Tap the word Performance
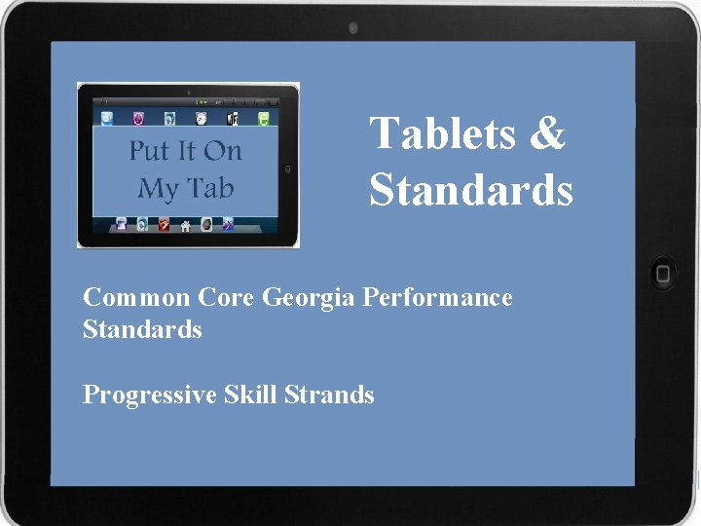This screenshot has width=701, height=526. pyautogui.click(x=437, y=297)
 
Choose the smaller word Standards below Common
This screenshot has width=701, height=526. pyautogui.click(x=142, y=329)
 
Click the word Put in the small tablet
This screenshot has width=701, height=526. pyautogui.click(x=149, y=152)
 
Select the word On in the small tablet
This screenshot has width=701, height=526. pyautogui.click(x=223, y=152)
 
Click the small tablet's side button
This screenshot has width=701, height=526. pyautogui.click(x=288, y=168)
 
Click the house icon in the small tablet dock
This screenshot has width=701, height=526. pyautogui.click(x=184, y=224)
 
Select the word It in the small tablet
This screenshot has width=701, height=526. pyautogui.click(x=185, y=152)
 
